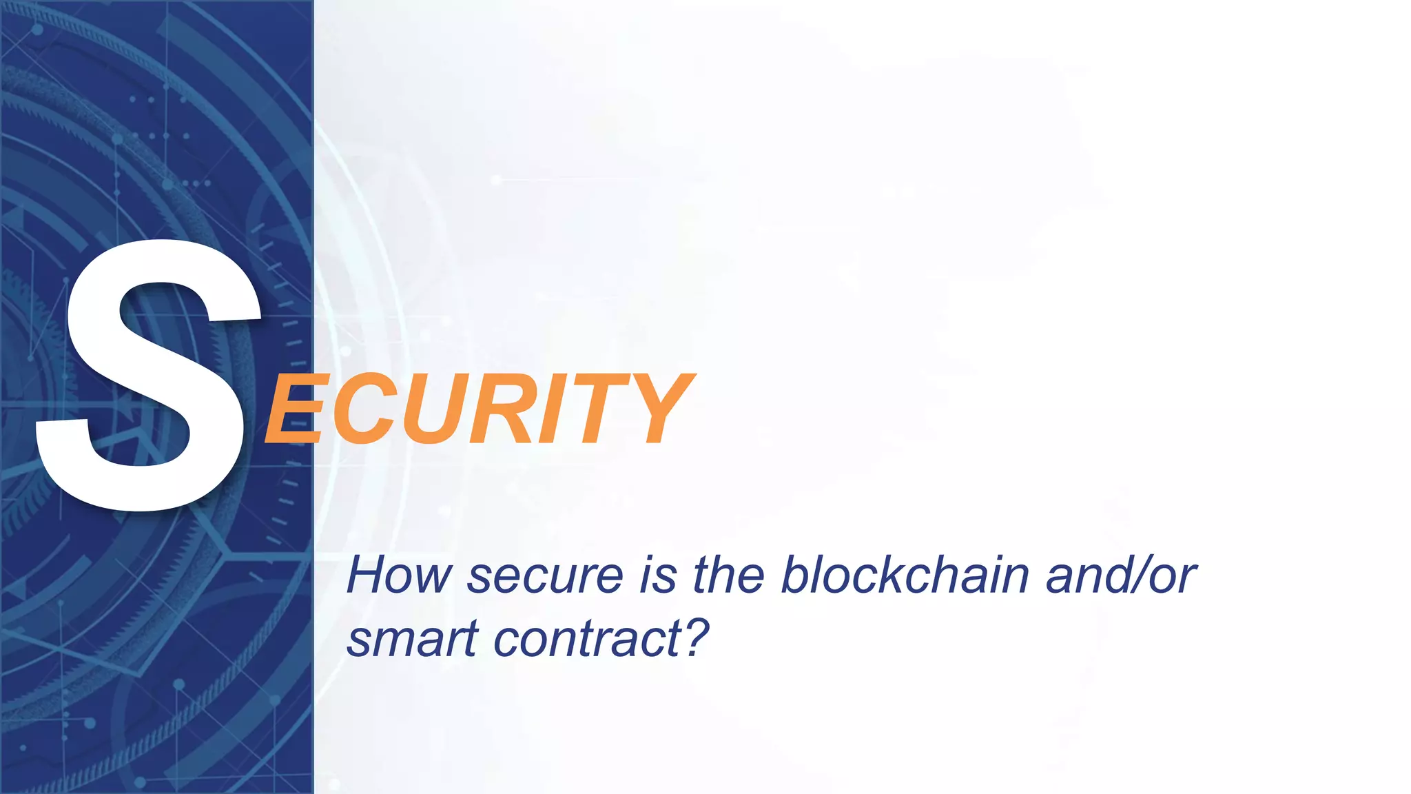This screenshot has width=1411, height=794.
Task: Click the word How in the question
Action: point(398,575)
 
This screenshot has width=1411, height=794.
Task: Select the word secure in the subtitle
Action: point(545,576)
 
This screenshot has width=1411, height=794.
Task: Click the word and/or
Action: point(1121,575)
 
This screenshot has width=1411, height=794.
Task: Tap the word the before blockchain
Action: point(728,575)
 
